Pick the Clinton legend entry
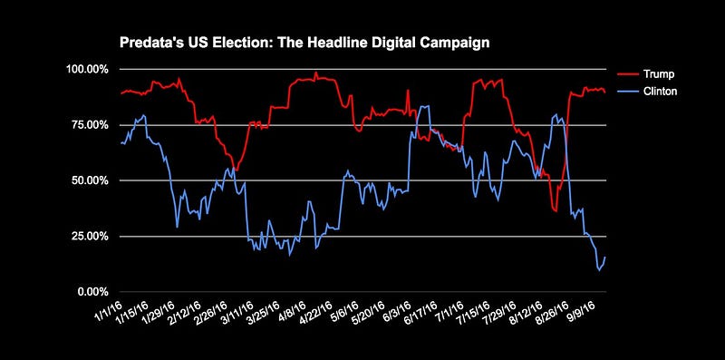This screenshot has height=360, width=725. pyautogui.click(x=647, y=92)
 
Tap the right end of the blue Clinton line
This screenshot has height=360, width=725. pyautogui.click(x=604, y=258)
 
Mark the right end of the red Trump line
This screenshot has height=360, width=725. pyautogui.click(x=604, y=92)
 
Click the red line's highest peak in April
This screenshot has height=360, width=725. pyautogui.click(x=315, y=73)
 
